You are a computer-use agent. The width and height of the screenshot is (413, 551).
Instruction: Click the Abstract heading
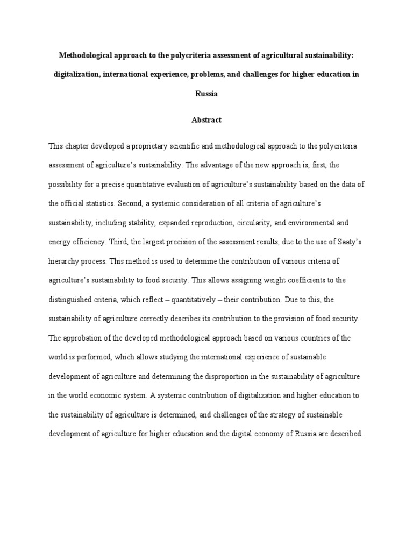click(206, 120)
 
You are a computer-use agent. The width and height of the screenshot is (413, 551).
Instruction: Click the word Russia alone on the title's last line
click(206, 94)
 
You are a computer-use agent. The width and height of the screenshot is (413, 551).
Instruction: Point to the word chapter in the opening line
click(79, 146)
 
